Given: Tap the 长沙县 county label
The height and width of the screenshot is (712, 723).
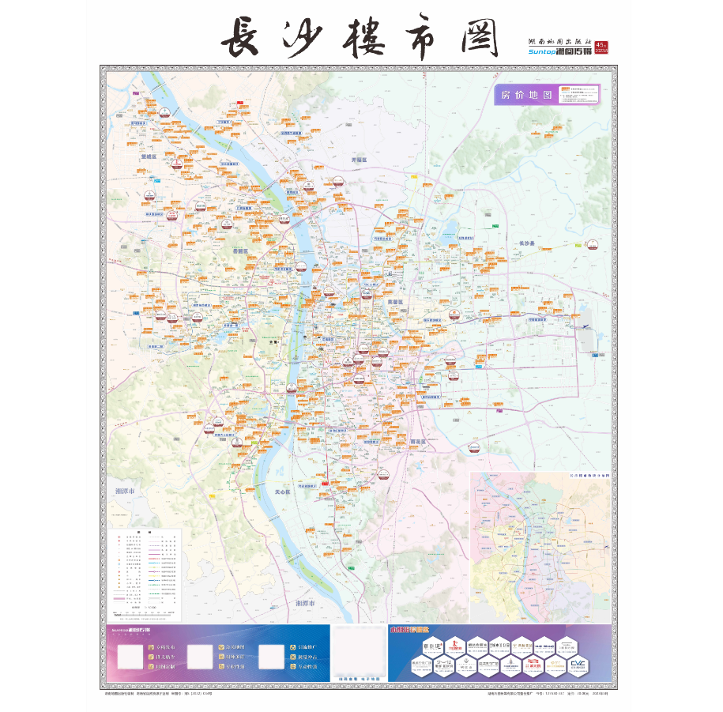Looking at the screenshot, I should click(527, 242).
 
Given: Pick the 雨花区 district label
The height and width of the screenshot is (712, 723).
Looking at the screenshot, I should click(416, 442).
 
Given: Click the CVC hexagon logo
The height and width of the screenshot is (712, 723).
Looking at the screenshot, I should click(580, 665).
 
